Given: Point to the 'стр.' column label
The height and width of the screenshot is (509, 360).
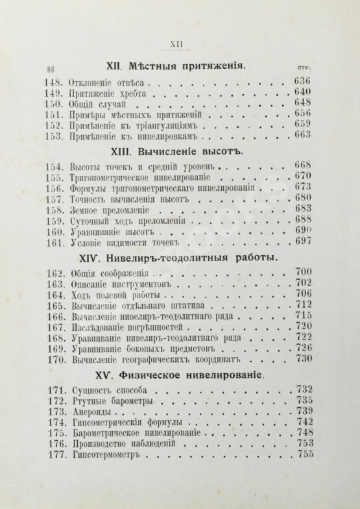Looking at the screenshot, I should [x=306, y=68].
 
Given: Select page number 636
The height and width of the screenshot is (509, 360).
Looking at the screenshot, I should [x=302, y=81].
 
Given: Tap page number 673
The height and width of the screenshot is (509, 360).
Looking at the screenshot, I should [x=303, y=188].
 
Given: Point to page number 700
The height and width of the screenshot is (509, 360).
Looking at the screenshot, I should [x=303, y=272].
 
